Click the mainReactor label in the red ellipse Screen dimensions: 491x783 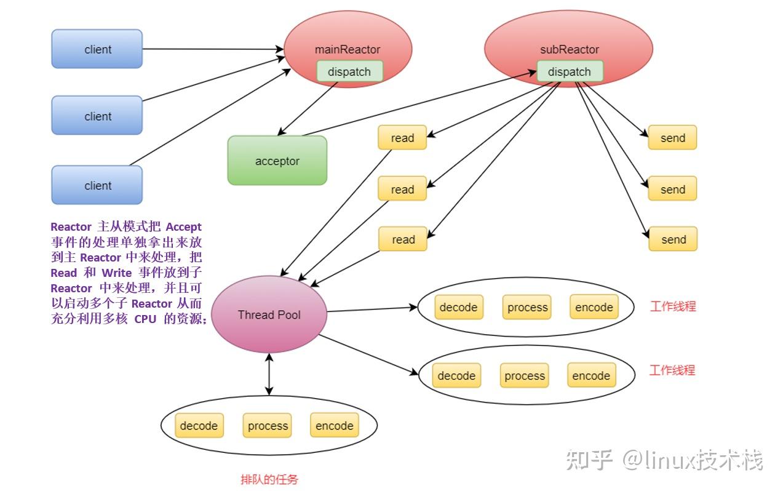coord(348,50)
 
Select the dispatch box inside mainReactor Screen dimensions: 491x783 coord(349,71)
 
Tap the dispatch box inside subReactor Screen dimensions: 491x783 coord(570,71)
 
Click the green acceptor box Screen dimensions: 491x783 coord(277,161)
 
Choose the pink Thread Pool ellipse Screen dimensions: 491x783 coord(269,314)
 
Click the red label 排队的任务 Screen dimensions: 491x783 coord(269,479)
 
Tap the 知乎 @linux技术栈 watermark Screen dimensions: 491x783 coord(664,460)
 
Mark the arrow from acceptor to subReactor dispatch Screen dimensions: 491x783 coord(418,104)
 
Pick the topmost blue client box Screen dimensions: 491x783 coord(97,49)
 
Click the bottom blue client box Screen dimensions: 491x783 coord(97,185)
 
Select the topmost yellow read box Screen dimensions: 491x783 coord(402,138)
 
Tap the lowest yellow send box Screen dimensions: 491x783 coord(673,239)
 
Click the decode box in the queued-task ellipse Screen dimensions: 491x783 coord(199,426)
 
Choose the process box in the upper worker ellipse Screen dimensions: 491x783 coord(527,308)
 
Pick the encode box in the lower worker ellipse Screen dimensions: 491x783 coord(591,376)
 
